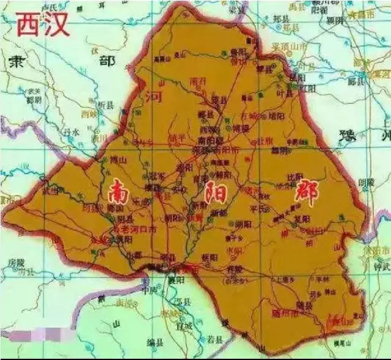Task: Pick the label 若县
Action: pyautogui.click(x=213, y=337)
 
